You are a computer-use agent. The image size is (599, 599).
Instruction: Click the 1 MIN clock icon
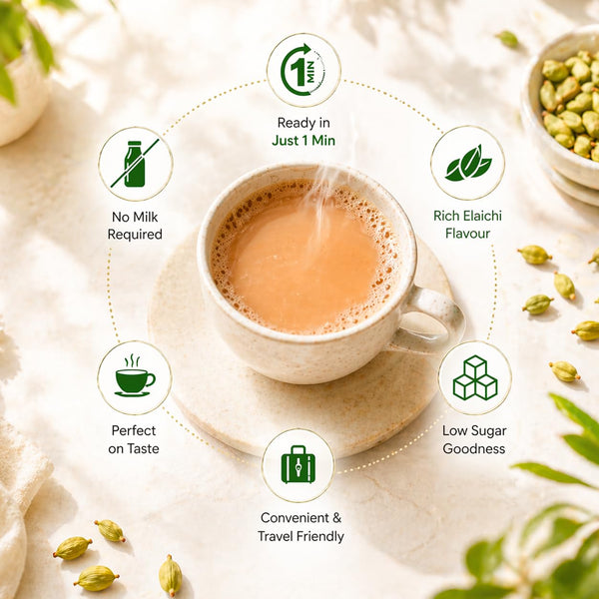point(302,70)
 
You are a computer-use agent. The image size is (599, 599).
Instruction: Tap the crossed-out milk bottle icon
point(135,164)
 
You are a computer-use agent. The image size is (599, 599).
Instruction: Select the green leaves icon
point(468,163)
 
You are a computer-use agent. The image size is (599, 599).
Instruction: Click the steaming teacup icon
point(135,376)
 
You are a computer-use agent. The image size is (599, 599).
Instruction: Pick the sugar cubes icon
point(475,377)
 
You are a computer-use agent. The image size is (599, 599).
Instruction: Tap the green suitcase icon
point(298,464)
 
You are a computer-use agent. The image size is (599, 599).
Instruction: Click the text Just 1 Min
point(303,141)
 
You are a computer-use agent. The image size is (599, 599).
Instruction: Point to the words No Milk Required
point(135,226)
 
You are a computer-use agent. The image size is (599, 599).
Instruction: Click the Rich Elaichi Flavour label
point(467,225)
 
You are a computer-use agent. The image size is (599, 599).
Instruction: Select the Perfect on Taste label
point(134,439)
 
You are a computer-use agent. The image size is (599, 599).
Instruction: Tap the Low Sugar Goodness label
point(474,439)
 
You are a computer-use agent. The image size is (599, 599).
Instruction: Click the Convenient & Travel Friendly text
point(300,527)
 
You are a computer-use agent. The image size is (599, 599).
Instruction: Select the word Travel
point(276,536)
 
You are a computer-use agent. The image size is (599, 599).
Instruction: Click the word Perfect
point(134,430)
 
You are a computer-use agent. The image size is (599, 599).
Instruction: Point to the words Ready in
point(303,123)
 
